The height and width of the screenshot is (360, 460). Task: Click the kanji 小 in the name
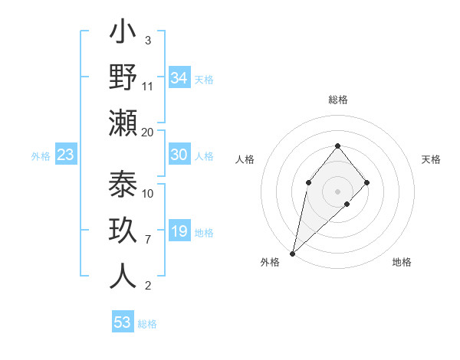(x=123, y=35)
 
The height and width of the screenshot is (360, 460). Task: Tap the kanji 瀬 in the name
(x=123, y=123)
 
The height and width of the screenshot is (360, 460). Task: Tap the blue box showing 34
(x=179, y=78)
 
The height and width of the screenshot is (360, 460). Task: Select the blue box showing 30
(x=179, y=155)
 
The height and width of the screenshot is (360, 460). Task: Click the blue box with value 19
(x=179, y=231)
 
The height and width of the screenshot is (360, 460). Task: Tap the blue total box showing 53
(x=123, y=322)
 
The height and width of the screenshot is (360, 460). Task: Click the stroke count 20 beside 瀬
(x=148, y=132)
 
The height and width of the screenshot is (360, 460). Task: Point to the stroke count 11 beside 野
(x=148, y=86)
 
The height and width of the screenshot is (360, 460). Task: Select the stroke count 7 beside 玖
(x=147, y=240)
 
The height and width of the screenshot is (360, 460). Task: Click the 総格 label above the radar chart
(x=337, y=100)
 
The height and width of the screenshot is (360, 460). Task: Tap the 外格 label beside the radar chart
(x=270, y=262)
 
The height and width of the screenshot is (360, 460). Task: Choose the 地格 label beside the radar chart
(x=402, y=262)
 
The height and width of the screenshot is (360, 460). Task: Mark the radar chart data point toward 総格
(x=337, y=146)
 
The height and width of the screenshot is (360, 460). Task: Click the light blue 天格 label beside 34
(x=204, y=80)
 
